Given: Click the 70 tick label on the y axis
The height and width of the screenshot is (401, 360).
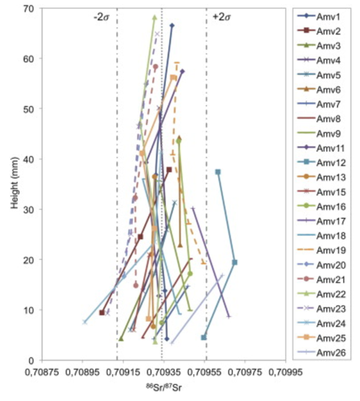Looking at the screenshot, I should (29, 9).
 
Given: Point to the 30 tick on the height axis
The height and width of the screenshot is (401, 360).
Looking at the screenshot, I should (29, 209).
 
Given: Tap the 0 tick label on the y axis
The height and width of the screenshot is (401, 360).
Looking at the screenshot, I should (31, 360).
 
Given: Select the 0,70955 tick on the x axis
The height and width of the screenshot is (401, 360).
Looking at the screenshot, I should (205, 371).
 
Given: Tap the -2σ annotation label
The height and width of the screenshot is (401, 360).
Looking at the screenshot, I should (102, 17).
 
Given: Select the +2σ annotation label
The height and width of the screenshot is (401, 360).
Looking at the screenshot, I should (221, 17).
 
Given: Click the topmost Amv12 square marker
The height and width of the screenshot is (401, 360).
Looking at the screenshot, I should (218, 172).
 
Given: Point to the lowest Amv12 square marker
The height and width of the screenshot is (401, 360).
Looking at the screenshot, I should (203, 338).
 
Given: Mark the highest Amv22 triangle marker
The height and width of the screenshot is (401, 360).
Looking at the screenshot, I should (154, 18).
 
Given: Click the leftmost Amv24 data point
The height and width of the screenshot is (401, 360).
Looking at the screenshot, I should (85, 322).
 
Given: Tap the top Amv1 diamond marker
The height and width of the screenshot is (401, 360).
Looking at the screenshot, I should (172, 26).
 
